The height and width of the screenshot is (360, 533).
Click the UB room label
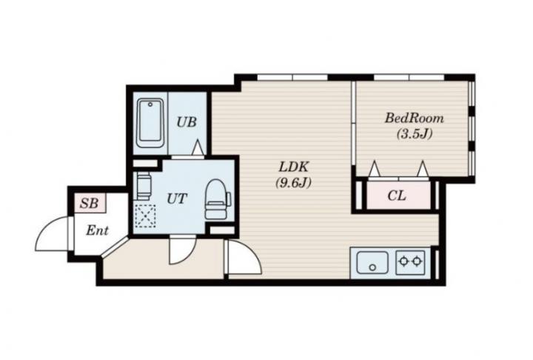(x=187, y=121)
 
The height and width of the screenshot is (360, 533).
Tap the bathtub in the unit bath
(x=150, y=123)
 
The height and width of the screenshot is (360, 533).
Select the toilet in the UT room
(x=218, y=199)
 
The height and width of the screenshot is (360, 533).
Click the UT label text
(x=177, y=199)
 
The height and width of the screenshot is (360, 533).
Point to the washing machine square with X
(x=145, y=216)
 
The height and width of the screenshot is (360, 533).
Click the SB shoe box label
(x=89, y=204)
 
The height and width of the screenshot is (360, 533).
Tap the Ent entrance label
(x=97, y=230)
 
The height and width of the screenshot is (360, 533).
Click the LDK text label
(x=293, y=167)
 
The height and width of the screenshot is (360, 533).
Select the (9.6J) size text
(x=293, y=183)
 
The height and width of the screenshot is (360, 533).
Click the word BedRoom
(x=415, y=119)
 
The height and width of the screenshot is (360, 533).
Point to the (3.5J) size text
(x=415, y=134)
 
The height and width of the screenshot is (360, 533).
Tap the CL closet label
(x=397, y=196)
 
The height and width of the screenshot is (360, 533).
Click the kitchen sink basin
(x=372, y=262)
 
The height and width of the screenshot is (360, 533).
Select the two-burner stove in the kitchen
(x=410, y=261)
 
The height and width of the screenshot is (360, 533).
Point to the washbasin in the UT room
(x=143, y=186)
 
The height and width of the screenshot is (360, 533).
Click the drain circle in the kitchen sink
(x=372, y=267)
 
